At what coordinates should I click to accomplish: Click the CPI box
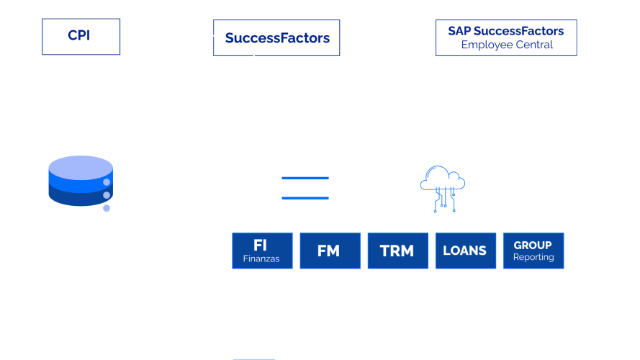click(x=81, y=37)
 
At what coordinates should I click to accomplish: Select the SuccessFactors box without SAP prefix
click(x=276, y=38)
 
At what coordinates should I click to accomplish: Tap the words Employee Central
click(x=507, y=45)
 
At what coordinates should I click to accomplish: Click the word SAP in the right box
click(x=459, y=31)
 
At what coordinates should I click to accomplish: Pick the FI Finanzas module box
click(x=263, y=251)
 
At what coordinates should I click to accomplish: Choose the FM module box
click(x=330, y=251)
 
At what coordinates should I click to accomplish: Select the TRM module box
click(x=398, y=251)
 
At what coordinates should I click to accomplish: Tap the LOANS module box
click(x=466, y=251)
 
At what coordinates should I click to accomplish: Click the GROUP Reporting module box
click(x=533, y=251)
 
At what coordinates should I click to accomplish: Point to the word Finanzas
click(x=261, y=258)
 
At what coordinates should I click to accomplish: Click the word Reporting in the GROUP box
click(x=533, y=257)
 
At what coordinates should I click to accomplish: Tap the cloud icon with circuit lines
click(x=443, y=189)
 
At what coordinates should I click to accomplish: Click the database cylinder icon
click(x=81, y=181)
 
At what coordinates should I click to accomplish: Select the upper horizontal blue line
click(x=305, y=178)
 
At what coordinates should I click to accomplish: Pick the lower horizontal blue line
click(x=305, y=198)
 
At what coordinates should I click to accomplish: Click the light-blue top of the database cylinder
click(x=81, y=167)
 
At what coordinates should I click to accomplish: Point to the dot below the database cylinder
click(x=107, y=208)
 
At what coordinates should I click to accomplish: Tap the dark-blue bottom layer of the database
click(x=78, y=198)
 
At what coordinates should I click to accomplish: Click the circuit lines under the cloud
click(x=444, y=200)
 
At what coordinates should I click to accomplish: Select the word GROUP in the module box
click(x=533, y=246)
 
